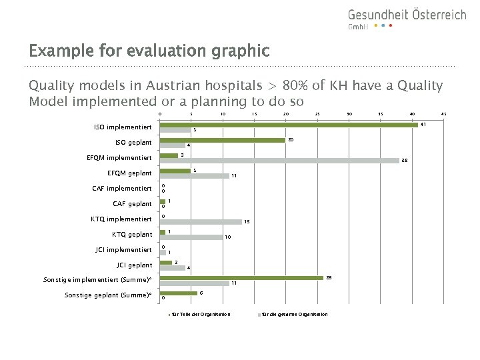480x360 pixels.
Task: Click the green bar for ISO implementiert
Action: (288, 125)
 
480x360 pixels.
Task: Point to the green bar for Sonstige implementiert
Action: (241, 278)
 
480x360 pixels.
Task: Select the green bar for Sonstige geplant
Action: (178, 293)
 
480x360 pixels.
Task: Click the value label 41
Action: (423, 124)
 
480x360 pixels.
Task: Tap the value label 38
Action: (404, 161)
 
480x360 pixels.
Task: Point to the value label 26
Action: (329, 277)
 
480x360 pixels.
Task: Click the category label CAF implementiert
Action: (122, 189)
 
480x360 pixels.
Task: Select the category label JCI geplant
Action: (134, 265)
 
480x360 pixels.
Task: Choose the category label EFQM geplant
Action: (129, 173)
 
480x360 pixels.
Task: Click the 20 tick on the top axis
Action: (285, 114)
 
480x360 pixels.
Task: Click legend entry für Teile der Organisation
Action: (201, 315)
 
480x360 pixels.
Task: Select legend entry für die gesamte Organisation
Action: (294, 315)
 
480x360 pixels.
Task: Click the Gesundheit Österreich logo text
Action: (406, 15)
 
